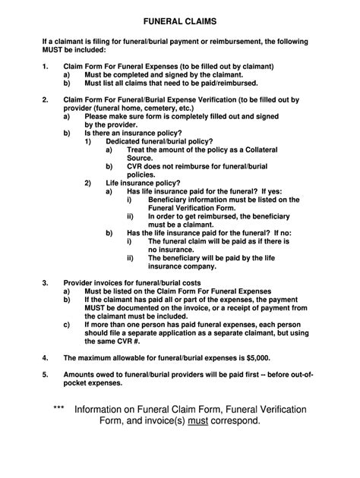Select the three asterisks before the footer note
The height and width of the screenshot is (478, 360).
coord(59,409)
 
